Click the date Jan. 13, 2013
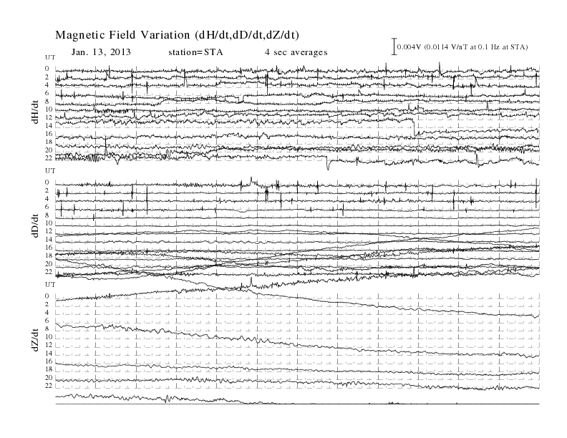(x=101, y=52)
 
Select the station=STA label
(x=195, y=52)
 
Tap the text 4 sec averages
(x=296, y=52)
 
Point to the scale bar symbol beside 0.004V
(x=394, y=47)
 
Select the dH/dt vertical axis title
(x=36, y=112)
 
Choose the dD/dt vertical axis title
(x=36, y=225)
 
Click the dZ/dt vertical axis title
(x=36, y=340)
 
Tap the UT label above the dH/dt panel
(x=50, y=57)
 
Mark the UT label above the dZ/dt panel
(x=50, y=285)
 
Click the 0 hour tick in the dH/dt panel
(x=47, y=69)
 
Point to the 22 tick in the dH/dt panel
(x=49, y=158)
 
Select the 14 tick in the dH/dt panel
(x=49, y=125)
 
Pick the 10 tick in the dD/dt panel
(x=49, y=223)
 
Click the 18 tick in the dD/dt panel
(x=49, y=255)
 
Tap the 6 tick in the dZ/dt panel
(x=47, y=321)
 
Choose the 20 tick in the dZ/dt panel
(x=49, y=378)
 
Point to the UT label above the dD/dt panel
(x=50, y=170)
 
